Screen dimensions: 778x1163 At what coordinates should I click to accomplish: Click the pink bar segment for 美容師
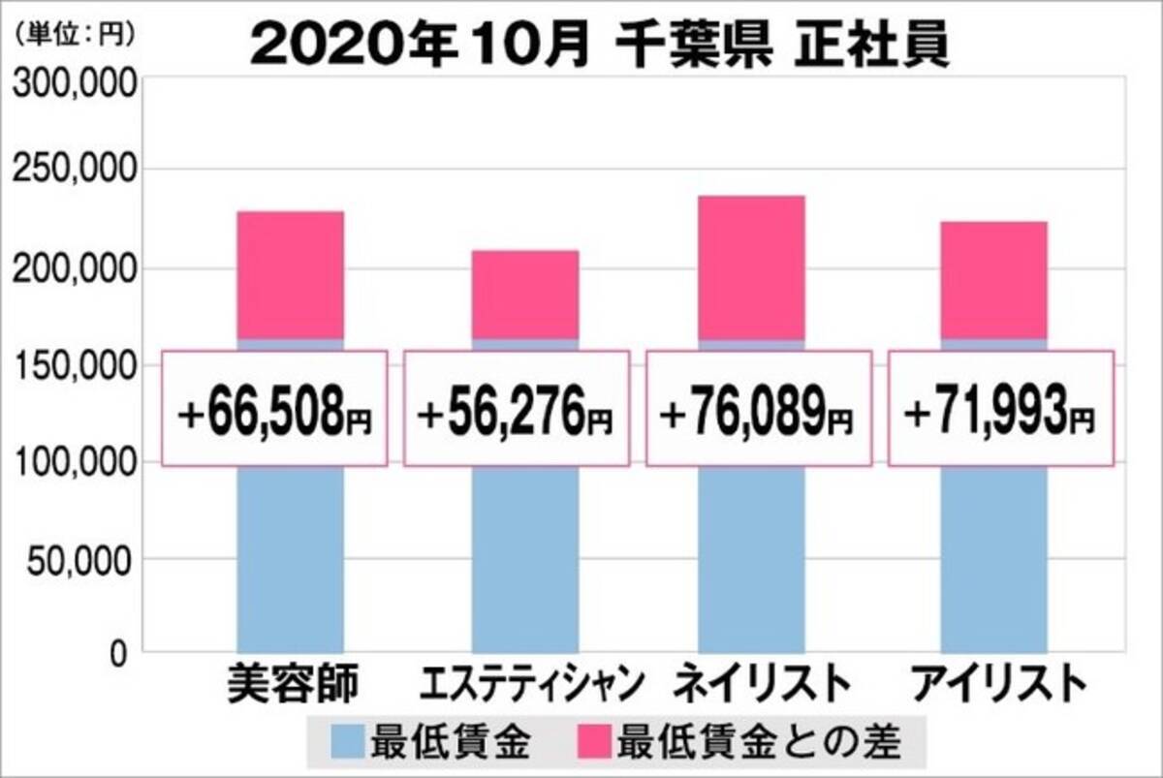pos(290,274)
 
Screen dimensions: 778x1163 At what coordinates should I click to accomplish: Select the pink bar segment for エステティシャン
pos(525,294)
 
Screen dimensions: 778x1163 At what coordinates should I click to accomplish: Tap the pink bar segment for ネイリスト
pos(750,266)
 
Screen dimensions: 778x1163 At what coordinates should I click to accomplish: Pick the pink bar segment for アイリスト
pos(993,279)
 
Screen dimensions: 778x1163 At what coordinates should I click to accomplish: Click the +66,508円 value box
pos(274,408)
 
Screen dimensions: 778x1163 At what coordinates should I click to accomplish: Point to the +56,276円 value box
pos(516,408)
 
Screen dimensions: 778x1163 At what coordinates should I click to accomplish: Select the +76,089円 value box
pos(757,408)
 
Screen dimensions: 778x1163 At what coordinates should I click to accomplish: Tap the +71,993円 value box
pos(1000,408)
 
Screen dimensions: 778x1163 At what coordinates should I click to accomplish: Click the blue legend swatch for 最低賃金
pos(345,743)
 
